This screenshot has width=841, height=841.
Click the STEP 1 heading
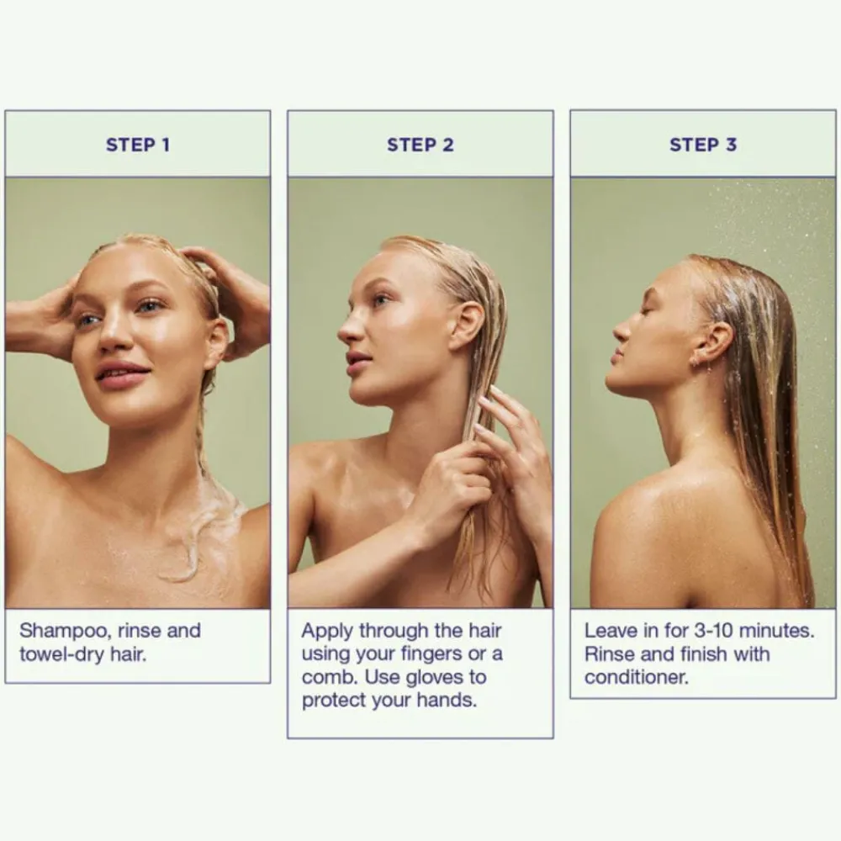click(x=138, y=145)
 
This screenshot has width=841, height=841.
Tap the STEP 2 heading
click(x=420, y=145)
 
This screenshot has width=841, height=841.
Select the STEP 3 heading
click(x=703, y=145)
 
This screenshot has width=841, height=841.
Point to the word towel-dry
click(x=61, y=655)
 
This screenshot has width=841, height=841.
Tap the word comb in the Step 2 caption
click(x=330, y=677)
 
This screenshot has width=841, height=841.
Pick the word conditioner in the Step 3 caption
click(x=636, y=677)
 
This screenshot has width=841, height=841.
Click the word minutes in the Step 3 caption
click(x=776, y=631)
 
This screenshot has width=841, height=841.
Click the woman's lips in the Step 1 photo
click(x=122, y=373)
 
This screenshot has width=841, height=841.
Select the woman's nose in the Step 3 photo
click(x=622, y=330)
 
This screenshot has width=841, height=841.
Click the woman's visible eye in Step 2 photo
click(x=382, y=300)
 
